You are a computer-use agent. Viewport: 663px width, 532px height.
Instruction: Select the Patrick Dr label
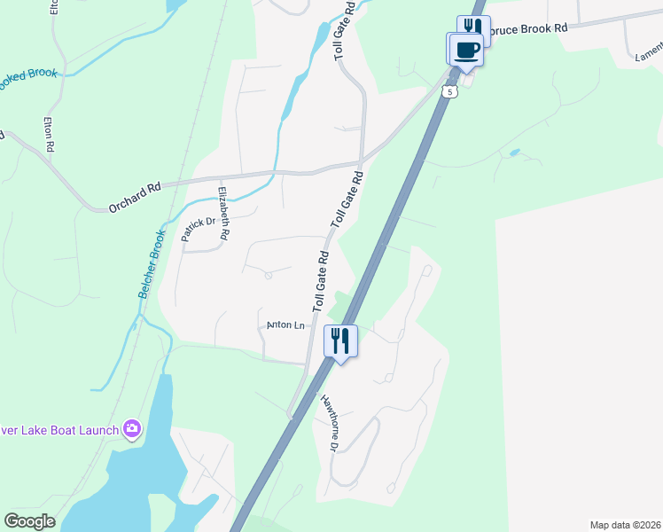click(x=199, y=230)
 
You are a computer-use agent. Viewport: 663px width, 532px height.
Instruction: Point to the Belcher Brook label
click(x=152, y=263)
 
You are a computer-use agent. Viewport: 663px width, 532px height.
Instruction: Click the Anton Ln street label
click(x=285, y=325)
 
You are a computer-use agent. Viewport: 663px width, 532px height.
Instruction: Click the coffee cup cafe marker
click(x=466, y=49)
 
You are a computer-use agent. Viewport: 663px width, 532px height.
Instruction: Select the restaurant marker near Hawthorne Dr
click(x=341, y=340)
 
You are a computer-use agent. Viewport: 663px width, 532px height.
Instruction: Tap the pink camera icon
click(x=132, y=430)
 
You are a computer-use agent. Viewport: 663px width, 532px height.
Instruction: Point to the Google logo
click(x=29, y=521)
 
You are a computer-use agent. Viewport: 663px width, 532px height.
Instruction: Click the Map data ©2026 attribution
click(x=624, y=525)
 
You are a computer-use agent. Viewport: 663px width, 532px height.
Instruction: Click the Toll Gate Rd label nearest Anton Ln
click(x=321, y=280)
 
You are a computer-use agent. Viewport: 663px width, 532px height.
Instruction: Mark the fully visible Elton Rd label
click(x=51, y=134)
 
